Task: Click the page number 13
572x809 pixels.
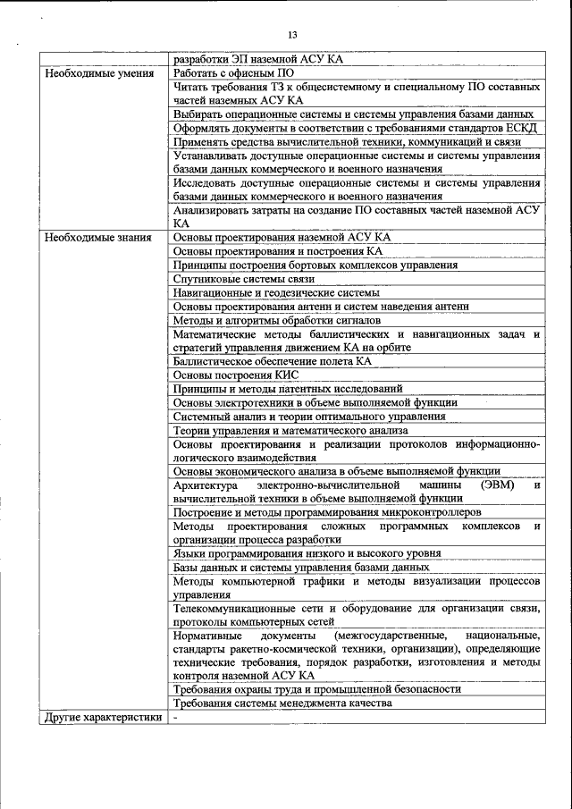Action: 292,35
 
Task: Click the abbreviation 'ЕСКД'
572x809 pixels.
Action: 517,128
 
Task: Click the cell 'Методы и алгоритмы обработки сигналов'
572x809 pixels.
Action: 277,319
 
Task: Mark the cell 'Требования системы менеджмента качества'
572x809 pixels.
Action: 282,703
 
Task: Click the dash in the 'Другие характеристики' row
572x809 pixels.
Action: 177,717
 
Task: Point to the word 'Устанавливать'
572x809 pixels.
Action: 213,156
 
